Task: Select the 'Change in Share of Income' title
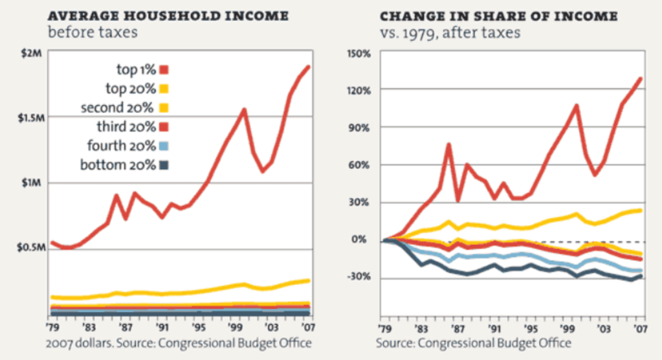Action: [x=498, y=16]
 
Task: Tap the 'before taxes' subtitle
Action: [x=93, y=32]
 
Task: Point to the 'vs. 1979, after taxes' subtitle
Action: [x=449, y=32]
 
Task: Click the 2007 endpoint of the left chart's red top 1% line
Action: [x=309, y=67]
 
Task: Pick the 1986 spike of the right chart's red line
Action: [x=448, y=144]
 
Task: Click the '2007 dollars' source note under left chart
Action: [x=178, y=343]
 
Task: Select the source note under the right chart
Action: [x=474, y=343]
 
